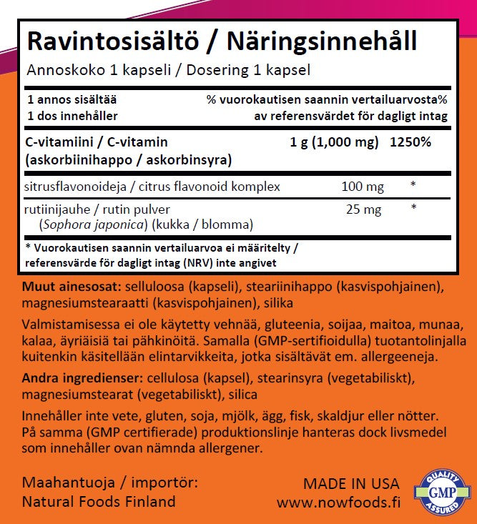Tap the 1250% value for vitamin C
click(410, 142)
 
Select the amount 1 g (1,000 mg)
click(334, 142)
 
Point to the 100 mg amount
click(363, 187)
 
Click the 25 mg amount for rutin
click(365, 211)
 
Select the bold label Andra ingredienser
click(81, 377)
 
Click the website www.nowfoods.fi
click(338, 503)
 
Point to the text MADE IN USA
click(351, 484)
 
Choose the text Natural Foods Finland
click(99, 502)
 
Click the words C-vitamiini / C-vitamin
click(97, 142)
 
